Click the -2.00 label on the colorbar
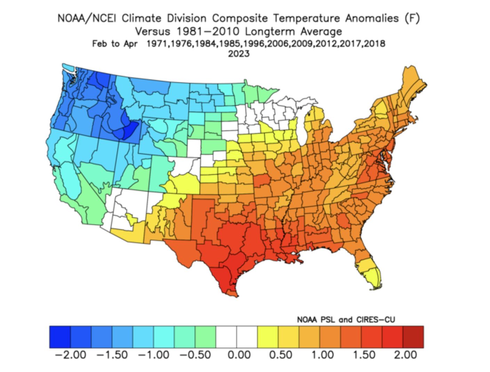71,355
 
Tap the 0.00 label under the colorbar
239,355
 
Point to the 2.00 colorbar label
405,355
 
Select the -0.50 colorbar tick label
195,355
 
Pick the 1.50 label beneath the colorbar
364,355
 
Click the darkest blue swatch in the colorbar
60,337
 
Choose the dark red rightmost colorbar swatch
413,337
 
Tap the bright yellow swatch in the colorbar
268,337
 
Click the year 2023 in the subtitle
239,54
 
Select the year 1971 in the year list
158,44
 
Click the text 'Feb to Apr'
114,44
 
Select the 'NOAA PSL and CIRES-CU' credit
346,319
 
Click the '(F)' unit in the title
412,18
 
